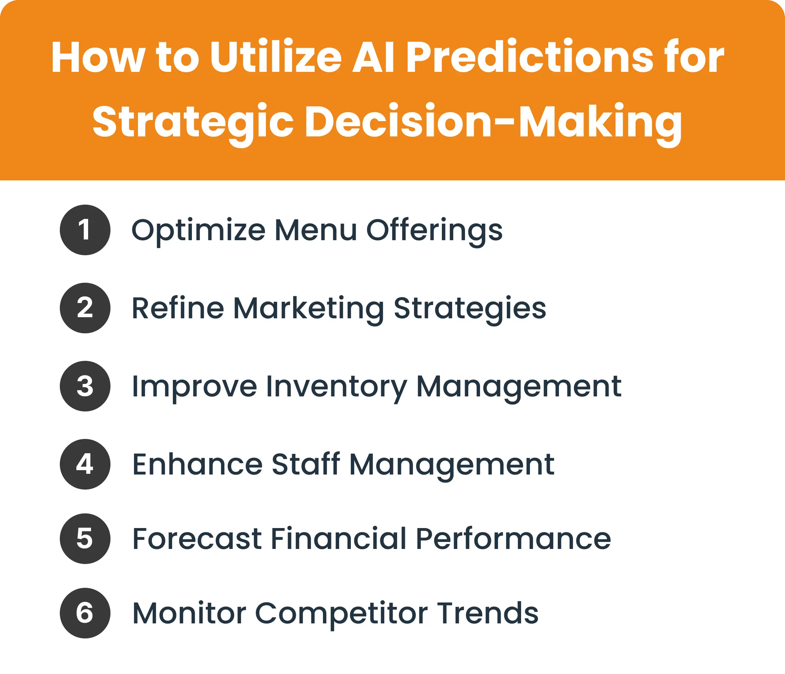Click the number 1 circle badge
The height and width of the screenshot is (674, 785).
tap(85, 230)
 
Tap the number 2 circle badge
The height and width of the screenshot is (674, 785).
tap(85, 308)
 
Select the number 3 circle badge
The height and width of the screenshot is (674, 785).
tap(85, 386)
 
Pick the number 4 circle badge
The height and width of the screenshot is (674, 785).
tap(85, 464)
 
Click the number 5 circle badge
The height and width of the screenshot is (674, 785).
tap(85, 538)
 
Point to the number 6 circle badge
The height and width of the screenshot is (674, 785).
tap(85, 613)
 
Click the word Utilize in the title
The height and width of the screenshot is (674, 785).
tap(276, 58)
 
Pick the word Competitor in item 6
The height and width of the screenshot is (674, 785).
tap(342, 614)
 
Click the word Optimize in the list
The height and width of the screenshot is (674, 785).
tap(198, 231)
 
